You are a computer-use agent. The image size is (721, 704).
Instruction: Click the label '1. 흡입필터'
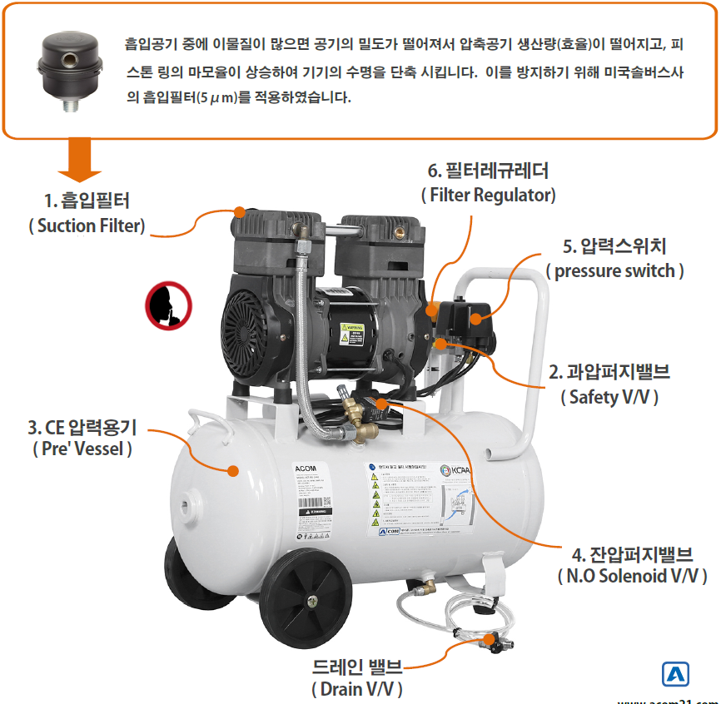tap(87, 201)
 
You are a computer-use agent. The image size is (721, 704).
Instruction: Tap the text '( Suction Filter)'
tap(87, 226)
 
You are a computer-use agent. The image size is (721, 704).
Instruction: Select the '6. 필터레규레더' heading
tap(488, 171)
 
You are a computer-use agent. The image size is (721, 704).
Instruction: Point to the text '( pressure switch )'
tap(615, 271)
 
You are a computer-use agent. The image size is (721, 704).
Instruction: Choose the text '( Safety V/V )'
tap(610, 397)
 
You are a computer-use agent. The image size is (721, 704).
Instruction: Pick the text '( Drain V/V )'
tap(356, 689)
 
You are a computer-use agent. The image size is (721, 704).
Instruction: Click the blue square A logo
tap(675, 673)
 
